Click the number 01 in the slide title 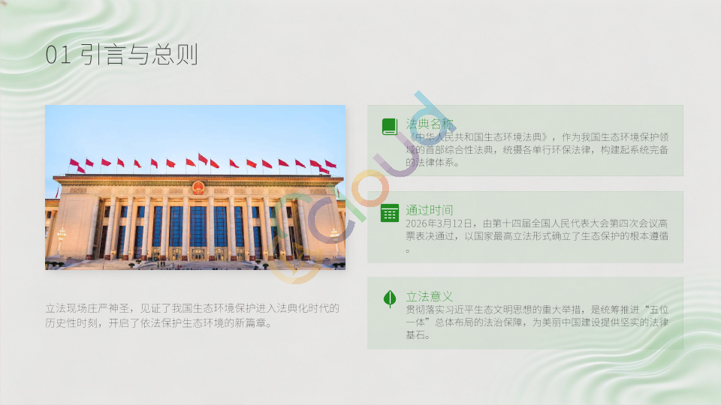click(59, 55)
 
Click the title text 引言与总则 click(140, 54)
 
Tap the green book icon click(390, 127)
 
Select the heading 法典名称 click(430, 124)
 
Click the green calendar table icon click(390, 214)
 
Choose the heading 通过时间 click(430, 210)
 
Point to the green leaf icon click(390, 298)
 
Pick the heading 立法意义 click(430, 297)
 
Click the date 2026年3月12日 click(439, 223)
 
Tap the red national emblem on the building click(198, 187)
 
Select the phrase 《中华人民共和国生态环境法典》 click(478, 136)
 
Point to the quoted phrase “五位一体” click(537, 316)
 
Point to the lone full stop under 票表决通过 click(407, 250)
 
